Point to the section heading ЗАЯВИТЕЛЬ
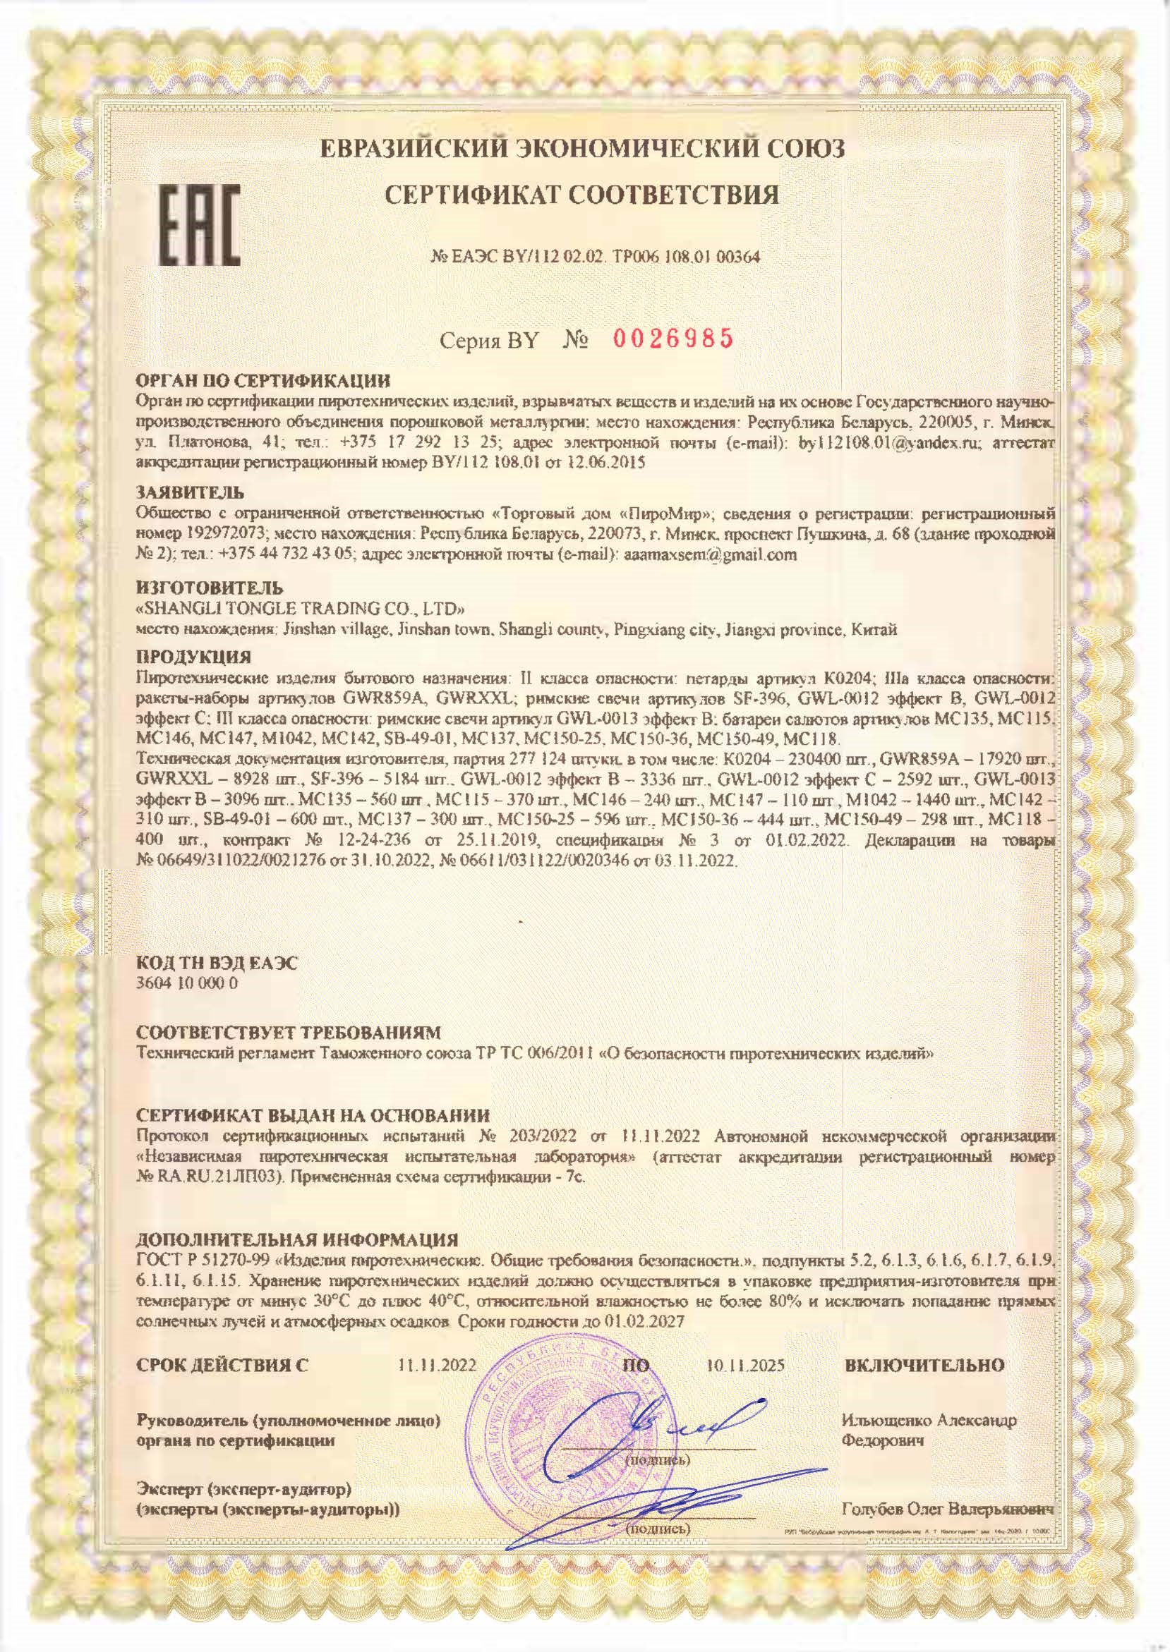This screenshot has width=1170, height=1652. [191, 493]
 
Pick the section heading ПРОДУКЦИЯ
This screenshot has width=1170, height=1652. [194, 657]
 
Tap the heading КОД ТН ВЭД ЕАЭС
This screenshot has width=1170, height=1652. [216, 964]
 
